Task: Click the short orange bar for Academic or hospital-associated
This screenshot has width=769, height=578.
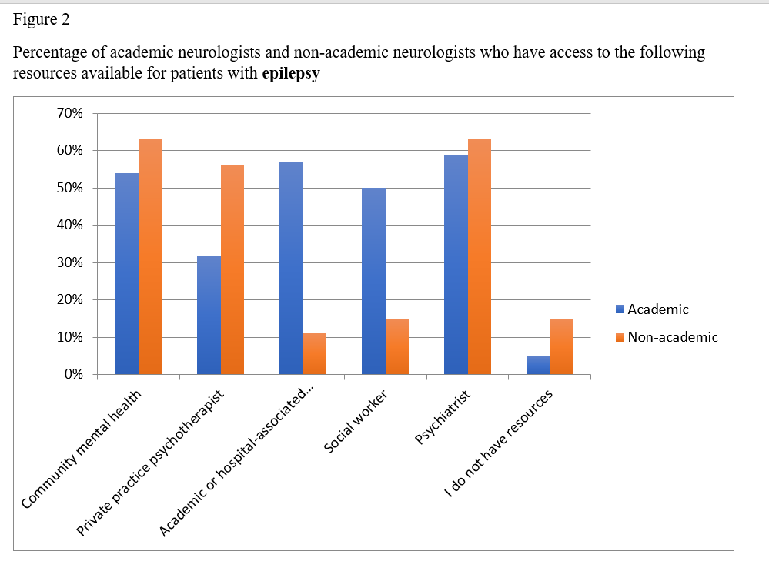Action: (x=315, y=353)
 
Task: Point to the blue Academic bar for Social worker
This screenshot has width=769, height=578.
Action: (x=373, y=281)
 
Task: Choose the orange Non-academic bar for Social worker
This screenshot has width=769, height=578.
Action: (x=397, y=346)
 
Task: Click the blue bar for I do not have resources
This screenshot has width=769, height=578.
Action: (x=538, y=365)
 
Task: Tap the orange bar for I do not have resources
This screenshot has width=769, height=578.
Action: (x=562, y=346)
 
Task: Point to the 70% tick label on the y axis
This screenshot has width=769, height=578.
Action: (x=70, y=113)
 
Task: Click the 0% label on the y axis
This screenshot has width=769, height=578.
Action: (x=74, y=375)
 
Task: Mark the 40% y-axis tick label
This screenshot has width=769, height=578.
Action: (x=70, y=226)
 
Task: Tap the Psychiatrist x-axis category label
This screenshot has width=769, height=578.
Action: (x=443, y=418)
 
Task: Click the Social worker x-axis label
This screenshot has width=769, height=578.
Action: (x=356, y=423)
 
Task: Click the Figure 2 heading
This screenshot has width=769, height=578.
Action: (x=42, y=20)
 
